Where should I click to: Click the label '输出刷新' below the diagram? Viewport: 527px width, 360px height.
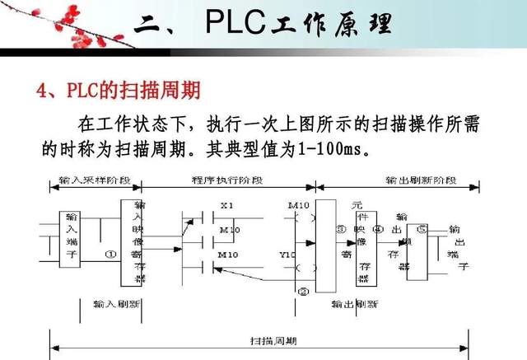[354, 304]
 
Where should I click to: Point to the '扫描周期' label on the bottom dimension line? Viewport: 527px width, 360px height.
[273, 339]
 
